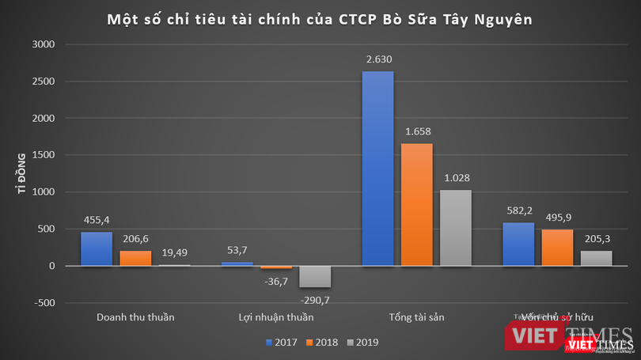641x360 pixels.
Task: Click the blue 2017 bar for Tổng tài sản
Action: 377,169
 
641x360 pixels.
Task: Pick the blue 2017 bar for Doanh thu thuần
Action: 97,248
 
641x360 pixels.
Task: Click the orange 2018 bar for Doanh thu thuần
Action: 135,258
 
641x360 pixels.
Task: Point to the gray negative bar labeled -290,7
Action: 314,276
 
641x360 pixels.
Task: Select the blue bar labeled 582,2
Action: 518,244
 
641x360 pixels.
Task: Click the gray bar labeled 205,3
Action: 596,258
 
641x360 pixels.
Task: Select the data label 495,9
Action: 558,218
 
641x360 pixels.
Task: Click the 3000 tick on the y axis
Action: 42,45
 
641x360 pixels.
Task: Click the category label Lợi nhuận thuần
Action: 276,317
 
